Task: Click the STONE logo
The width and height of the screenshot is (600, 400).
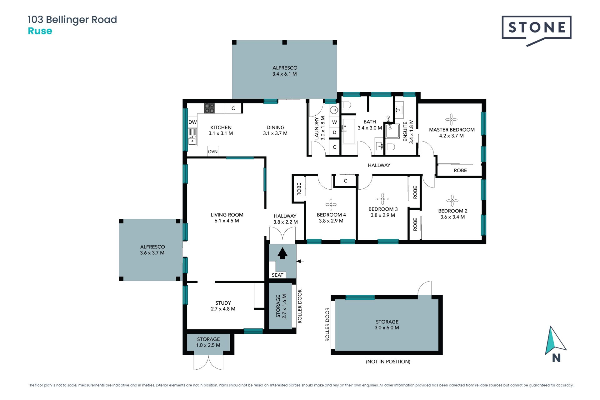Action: pos(537,30)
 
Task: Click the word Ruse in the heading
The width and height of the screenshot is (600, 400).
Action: pos(40,31)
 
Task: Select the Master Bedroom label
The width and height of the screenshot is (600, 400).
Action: pos(452,130)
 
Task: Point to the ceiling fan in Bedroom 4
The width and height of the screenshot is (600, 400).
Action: pos(331,205)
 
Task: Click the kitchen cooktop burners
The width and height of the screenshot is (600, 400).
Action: pos(209,108)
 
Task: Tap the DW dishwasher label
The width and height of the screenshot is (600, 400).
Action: pos(192,122)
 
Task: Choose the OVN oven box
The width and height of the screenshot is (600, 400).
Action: pos(213,152)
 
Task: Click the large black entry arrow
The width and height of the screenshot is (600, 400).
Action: pos(282,253)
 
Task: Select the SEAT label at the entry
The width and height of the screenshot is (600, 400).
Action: pos(277,275)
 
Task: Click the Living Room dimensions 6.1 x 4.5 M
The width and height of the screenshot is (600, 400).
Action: pos(227,221)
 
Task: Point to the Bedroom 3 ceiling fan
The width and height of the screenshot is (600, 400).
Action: pos(382,199)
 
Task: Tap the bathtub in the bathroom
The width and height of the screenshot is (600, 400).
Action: pos(349,131)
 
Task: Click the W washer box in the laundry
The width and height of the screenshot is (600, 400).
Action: pos(334,122)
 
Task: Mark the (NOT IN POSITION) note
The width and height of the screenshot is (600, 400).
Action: pos(388,362)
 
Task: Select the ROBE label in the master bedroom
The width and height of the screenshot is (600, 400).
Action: pos(460,170)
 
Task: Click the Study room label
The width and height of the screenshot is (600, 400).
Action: pos(223,303)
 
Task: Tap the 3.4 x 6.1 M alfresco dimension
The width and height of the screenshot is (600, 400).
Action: pos(284,74)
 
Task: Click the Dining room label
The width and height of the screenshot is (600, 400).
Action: pos(275,127)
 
